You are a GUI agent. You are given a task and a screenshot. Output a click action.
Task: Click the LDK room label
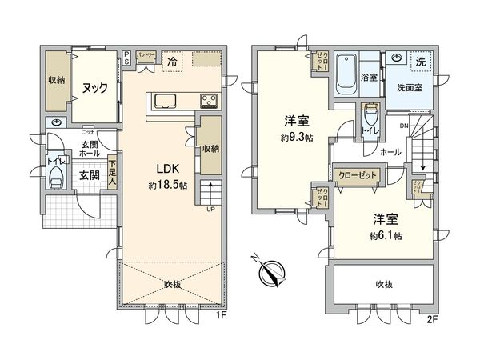(167, 169)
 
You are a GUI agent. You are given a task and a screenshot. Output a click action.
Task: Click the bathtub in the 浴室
(346, 71)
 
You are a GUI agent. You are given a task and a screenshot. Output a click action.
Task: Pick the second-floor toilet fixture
(369, 120)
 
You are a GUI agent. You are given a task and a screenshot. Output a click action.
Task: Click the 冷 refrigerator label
(172, 59)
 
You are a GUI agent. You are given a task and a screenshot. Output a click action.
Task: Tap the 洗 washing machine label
(420, 60)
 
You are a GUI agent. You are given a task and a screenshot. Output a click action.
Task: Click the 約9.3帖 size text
(296, 137)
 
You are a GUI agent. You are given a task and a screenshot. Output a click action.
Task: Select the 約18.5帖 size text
(167, 186)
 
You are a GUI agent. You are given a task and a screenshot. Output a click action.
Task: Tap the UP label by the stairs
(210, 210)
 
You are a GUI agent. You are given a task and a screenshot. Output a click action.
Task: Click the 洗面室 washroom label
(411, 87)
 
